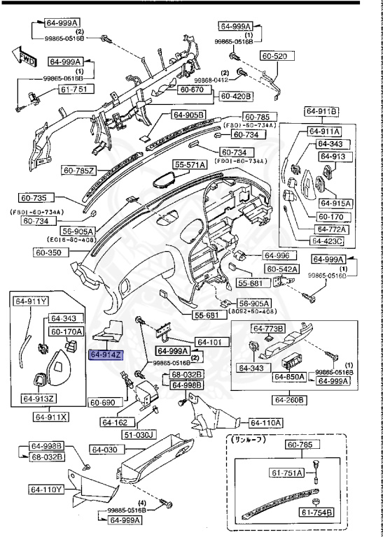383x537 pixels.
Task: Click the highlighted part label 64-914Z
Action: (106, 356)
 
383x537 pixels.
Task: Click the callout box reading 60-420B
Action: (237, 96)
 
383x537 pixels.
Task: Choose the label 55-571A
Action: (190, 164)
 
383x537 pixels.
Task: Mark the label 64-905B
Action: (188, 115)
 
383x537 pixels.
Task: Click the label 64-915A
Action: (335, 203)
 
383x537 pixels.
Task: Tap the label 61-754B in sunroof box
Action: (316, 514)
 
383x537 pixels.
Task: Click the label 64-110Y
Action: (46, 489)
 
